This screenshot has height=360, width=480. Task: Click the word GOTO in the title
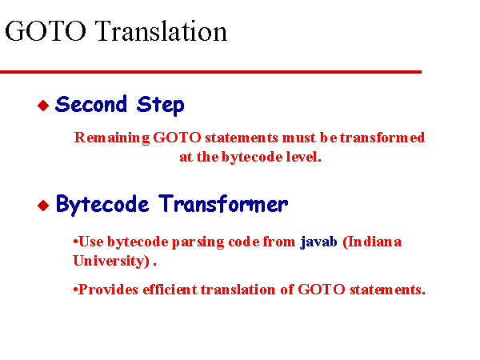46,30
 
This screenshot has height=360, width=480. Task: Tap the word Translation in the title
161,30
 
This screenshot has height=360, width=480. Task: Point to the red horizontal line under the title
210,72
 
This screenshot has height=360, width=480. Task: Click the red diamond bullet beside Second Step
43,106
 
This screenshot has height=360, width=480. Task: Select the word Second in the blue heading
91,104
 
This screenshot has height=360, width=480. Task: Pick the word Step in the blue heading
161,106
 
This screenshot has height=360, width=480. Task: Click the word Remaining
112,138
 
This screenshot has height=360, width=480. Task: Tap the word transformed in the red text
382,138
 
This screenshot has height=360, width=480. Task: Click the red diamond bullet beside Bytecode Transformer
43,206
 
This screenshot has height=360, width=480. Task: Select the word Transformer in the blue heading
223,204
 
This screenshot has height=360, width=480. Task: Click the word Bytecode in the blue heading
102,205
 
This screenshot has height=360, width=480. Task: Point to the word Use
91,242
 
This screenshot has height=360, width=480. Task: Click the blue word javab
318,242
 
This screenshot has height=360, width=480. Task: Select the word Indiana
372,242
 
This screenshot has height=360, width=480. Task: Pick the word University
111,261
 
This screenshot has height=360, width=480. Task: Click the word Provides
108,290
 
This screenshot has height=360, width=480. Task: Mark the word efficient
170,290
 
